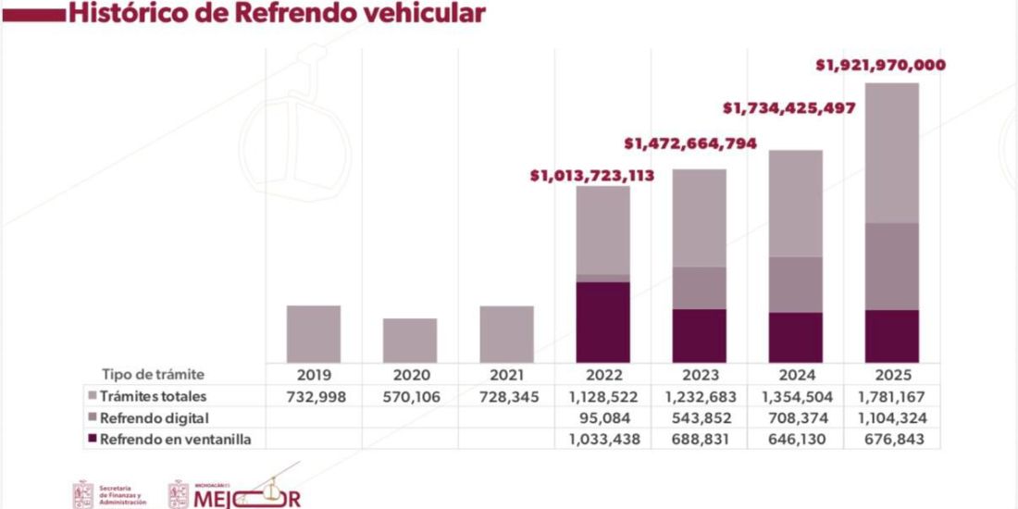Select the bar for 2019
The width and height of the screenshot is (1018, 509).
314,333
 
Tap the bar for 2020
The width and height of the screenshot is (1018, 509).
410,340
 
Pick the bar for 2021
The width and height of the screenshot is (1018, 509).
506,333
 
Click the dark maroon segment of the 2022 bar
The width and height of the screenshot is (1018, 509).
602,321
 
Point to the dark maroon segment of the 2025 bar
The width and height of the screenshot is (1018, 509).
892,336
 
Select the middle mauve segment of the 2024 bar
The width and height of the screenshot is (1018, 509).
796,284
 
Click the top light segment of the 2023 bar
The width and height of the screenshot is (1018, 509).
700,217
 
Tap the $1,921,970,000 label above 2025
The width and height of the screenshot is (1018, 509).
880,66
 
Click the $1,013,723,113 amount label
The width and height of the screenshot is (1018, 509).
592,174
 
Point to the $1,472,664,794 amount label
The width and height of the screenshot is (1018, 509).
690,143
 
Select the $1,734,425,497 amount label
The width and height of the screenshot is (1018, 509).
788,108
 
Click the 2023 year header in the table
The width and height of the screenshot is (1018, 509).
700,375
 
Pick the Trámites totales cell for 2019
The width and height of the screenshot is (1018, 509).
314,396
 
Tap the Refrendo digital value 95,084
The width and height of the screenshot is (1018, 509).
602,418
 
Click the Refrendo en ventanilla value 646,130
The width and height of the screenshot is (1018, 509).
796,440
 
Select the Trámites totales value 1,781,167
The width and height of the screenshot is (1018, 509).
892,396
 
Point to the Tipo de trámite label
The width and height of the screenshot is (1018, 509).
153,375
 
